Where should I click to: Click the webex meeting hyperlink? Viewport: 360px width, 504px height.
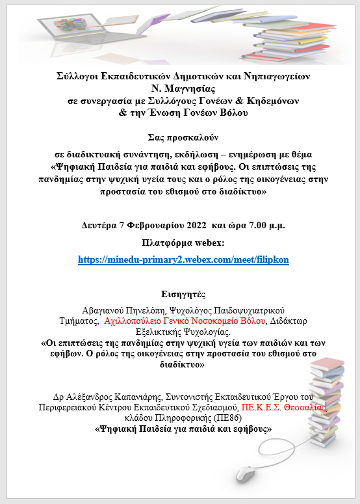tap(183, 259)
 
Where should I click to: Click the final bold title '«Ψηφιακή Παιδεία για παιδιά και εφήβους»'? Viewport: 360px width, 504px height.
tap(183, 429)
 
